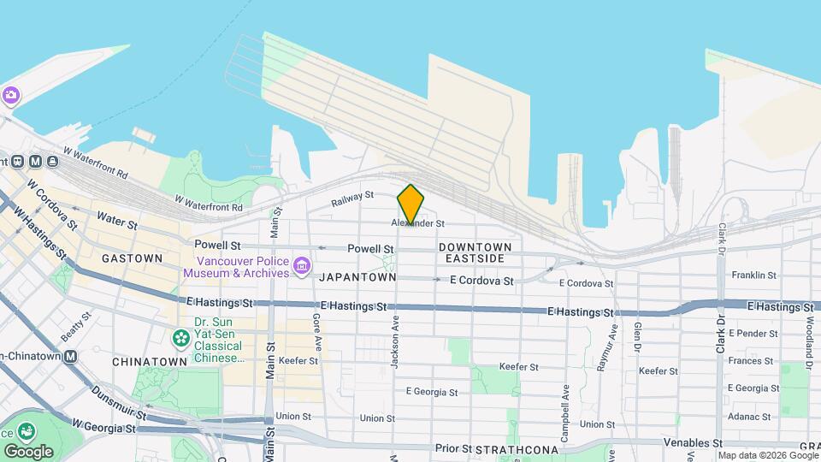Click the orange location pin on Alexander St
[410, 204]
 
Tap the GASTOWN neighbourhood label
[132, 258]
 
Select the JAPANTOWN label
[357, 277]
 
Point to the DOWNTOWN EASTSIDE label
[475, 252]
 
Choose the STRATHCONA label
[517, 449]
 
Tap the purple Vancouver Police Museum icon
[301, 267]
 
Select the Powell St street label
[370, 248]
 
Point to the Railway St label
[352, 199]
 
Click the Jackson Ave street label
[395, 343]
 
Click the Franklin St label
[754, 275]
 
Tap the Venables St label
[693, 443]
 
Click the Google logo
[28, 451]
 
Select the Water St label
[117, 221]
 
